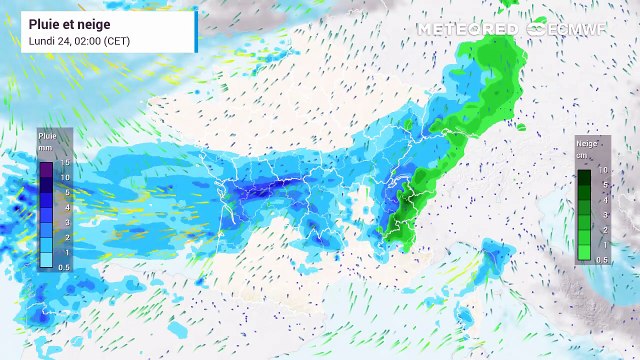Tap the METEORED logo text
pos(467,29)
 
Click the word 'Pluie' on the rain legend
pos(47,134)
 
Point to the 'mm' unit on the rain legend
pos(45,147)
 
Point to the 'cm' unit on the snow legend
pos(583,156)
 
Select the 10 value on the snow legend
pos(604,171)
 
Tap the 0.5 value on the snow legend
pos(604,260)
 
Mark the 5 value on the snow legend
pos(604,185)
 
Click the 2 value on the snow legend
pos(604,230)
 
